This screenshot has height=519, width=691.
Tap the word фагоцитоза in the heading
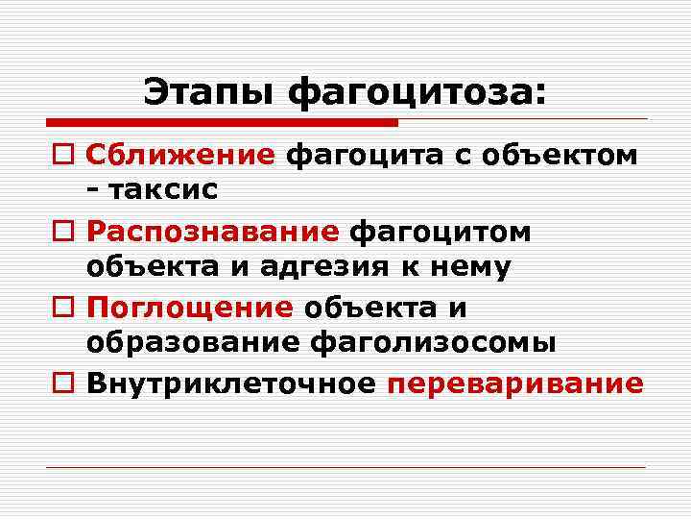point(417,93)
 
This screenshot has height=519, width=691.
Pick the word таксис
point(162,189)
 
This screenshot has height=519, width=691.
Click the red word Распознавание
point(212,232)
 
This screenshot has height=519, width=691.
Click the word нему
point(470,267)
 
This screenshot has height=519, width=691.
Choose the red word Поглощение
point(189,308)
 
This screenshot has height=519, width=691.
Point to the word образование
point(190,343)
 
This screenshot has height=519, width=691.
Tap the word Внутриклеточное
point(231,383)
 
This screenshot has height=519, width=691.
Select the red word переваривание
point(514,383)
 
